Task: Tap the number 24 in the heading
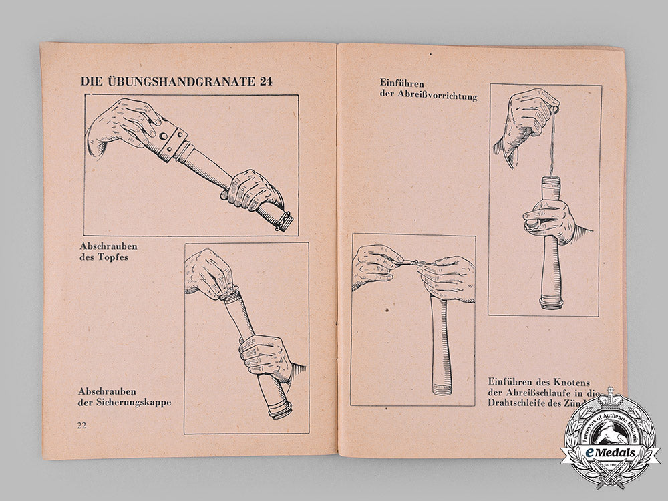pyautogui.click(x=251, y=81)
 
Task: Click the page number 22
pyautogui.click(x=83, y=426)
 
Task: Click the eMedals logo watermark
pyautogui.click(x=609, y=442)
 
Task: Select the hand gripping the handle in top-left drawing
pyautogui.click(x=254, y=191)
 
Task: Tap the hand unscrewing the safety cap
pyautogui.click(x=208, y=274)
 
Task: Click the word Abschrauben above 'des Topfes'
pyautogui.click(x=108, y=246)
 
